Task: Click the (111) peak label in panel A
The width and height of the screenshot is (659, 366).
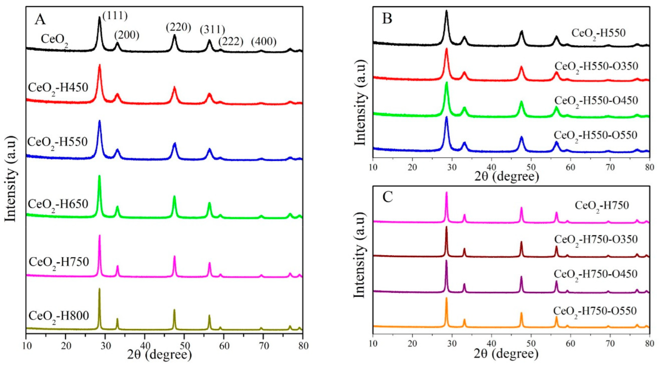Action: pos(115,16)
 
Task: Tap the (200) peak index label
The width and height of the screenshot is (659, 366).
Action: pos(127,35)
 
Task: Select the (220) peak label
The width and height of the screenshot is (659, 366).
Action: pos(179,27)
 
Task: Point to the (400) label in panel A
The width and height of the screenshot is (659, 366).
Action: pos(264,42)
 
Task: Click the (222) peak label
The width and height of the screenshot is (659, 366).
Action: pos(231,41)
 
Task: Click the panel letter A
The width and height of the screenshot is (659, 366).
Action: pos(40,19)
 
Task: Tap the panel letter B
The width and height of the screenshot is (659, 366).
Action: pos(387,18)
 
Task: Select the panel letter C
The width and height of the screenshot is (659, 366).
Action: pos(387,197)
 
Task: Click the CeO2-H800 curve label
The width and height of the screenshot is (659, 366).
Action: pos(59,316)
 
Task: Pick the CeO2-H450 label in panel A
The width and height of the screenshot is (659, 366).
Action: pos(58,88)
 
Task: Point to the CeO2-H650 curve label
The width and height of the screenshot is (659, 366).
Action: pos(58,204)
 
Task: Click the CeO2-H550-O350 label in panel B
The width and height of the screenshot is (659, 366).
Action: pos(596,67)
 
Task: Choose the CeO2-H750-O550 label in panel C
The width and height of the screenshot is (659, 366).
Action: pos(595,312)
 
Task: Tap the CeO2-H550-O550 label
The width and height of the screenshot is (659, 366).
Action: pos(595,136)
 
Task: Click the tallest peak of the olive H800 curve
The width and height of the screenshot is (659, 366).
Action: pos(99,289)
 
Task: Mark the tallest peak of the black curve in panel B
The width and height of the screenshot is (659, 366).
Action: pos(446,12)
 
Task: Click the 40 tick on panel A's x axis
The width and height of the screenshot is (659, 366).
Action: pos(145,346)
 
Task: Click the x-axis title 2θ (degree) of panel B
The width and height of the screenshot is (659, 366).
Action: pos(506,177)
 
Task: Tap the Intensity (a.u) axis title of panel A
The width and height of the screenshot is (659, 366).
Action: pos(11,179)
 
